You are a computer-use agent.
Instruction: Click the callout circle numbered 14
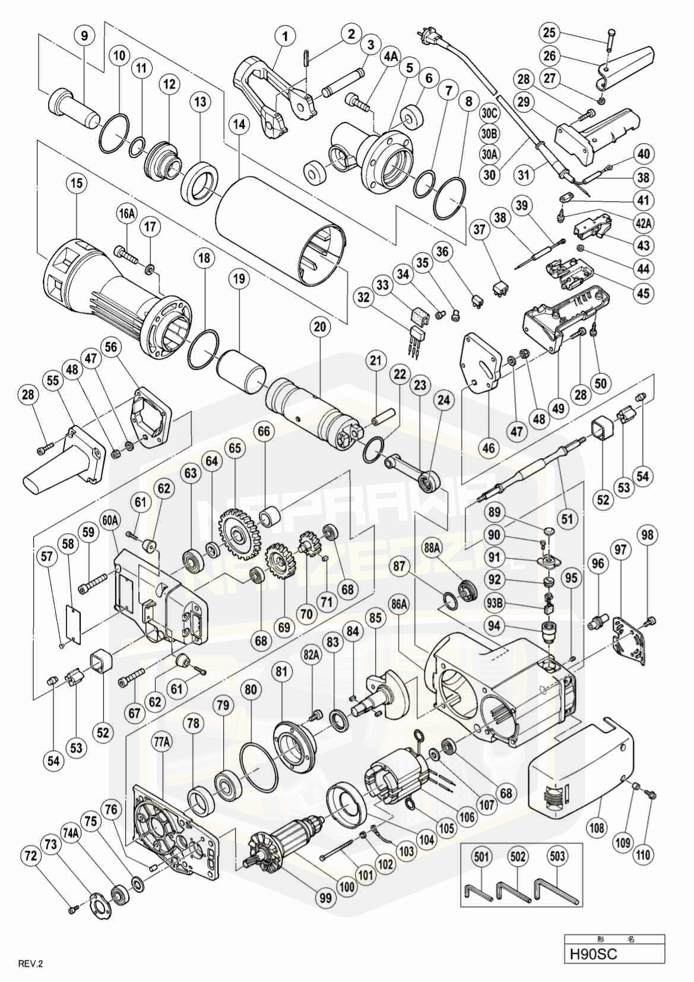(x=239, y=125)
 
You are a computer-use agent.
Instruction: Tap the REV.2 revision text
(x=31, y=964)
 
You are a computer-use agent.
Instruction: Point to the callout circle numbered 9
(x=84, y=36)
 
